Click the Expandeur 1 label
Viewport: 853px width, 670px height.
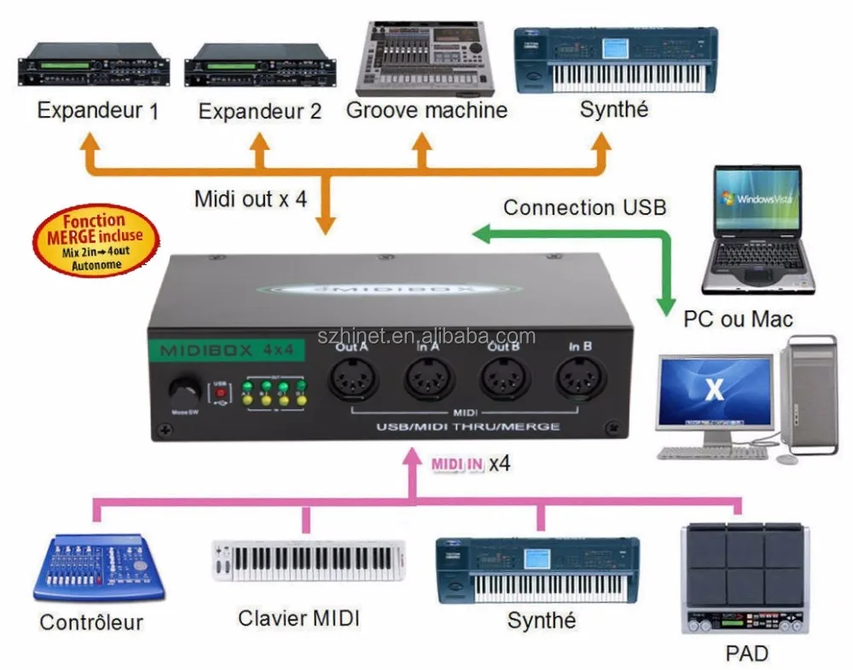point(98,111)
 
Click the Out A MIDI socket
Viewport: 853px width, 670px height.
point(352,375)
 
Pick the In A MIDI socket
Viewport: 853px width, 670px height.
point(428,375)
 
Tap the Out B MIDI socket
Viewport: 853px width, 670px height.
point(504,375)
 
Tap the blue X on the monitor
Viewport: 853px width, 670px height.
point(714,390)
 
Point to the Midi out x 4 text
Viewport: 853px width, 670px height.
point(250,199)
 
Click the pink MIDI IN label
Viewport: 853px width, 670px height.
point(457,465)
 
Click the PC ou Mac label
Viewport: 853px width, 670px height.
point(738,319)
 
